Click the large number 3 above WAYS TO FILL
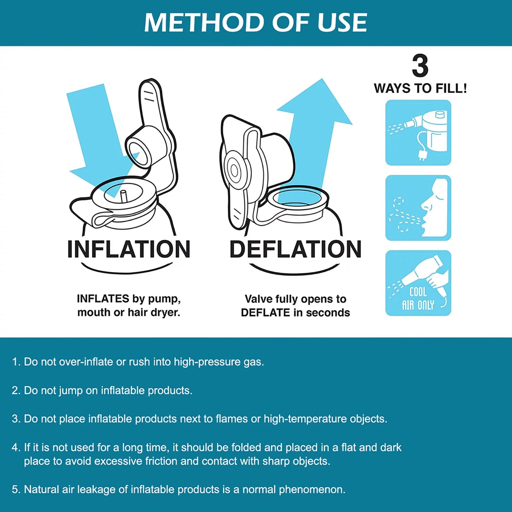click(420, 66)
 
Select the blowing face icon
click(418, 208)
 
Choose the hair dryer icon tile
click(418, 283)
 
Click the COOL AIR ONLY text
click(418, 298)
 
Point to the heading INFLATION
click(129, 249)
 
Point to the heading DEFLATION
click(296, 249)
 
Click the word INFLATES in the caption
click(103, 299)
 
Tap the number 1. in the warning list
click(16, 362)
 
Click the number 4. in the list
click(16, 448)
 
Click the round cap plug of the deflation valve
click(234, 170)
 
